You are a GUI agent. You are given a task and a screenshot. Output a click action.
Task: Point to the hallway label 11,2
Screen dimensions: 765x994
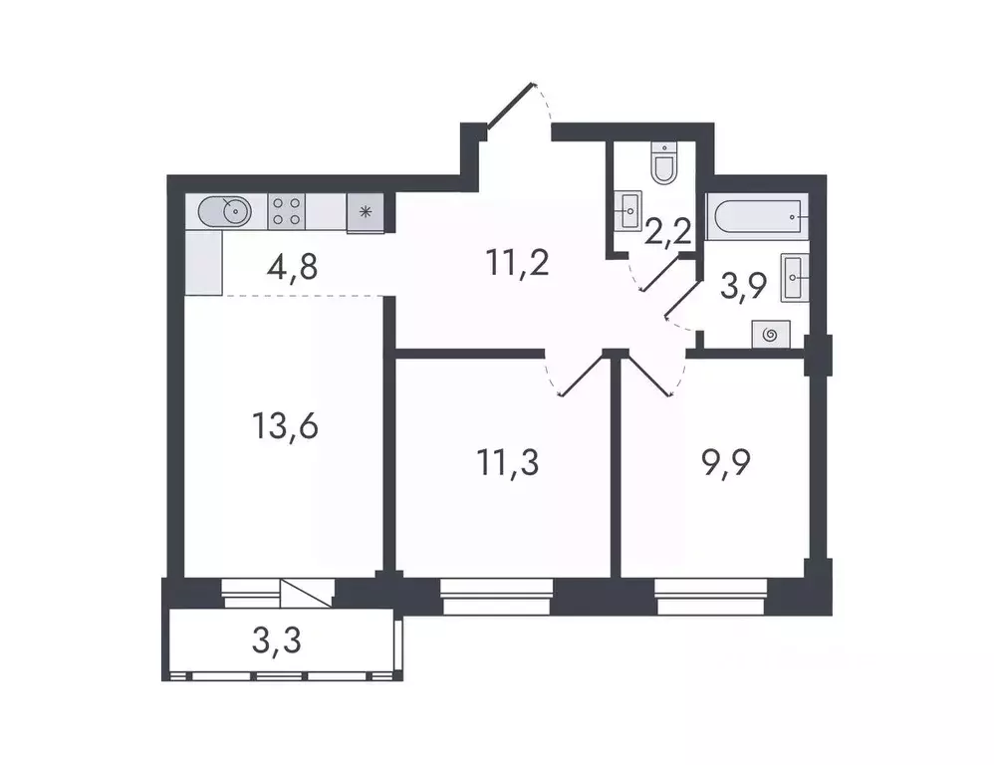518,265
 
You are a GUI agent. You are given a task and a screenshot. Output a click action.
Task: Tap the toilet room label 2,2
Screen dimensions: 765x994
669,235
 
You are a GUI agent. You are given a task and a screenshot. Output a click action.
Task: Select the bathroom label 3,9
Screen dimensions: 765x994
743,289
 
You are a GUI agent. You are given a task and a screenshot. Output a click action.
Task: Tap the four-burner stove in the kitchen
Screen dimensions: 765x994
288,212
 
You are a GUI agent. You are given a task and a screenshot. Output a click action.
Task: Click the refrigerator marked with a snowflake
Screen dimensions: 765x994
365,212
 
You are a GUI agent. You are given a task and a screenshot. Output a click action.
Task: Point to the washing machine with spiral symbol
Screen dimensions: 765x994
771,335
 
